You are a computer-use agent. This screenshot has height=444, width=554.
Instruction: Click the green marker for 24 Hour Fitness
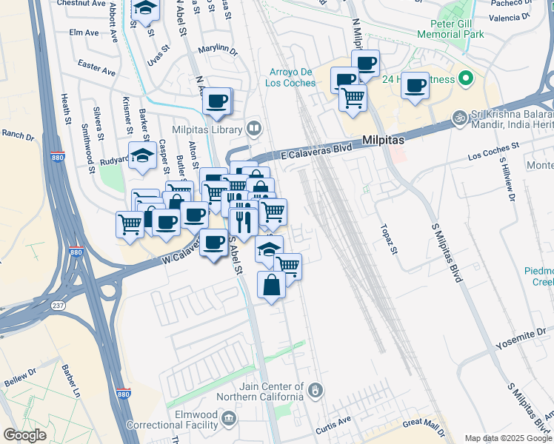465,77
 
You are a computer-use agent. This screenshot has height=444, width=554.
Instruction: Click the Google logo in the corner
24,435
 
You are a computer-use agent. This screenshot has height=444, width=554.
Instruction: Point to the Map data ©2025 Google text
508,438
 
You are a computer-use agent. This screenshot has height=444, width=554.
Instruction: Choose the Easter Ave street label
96,69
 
